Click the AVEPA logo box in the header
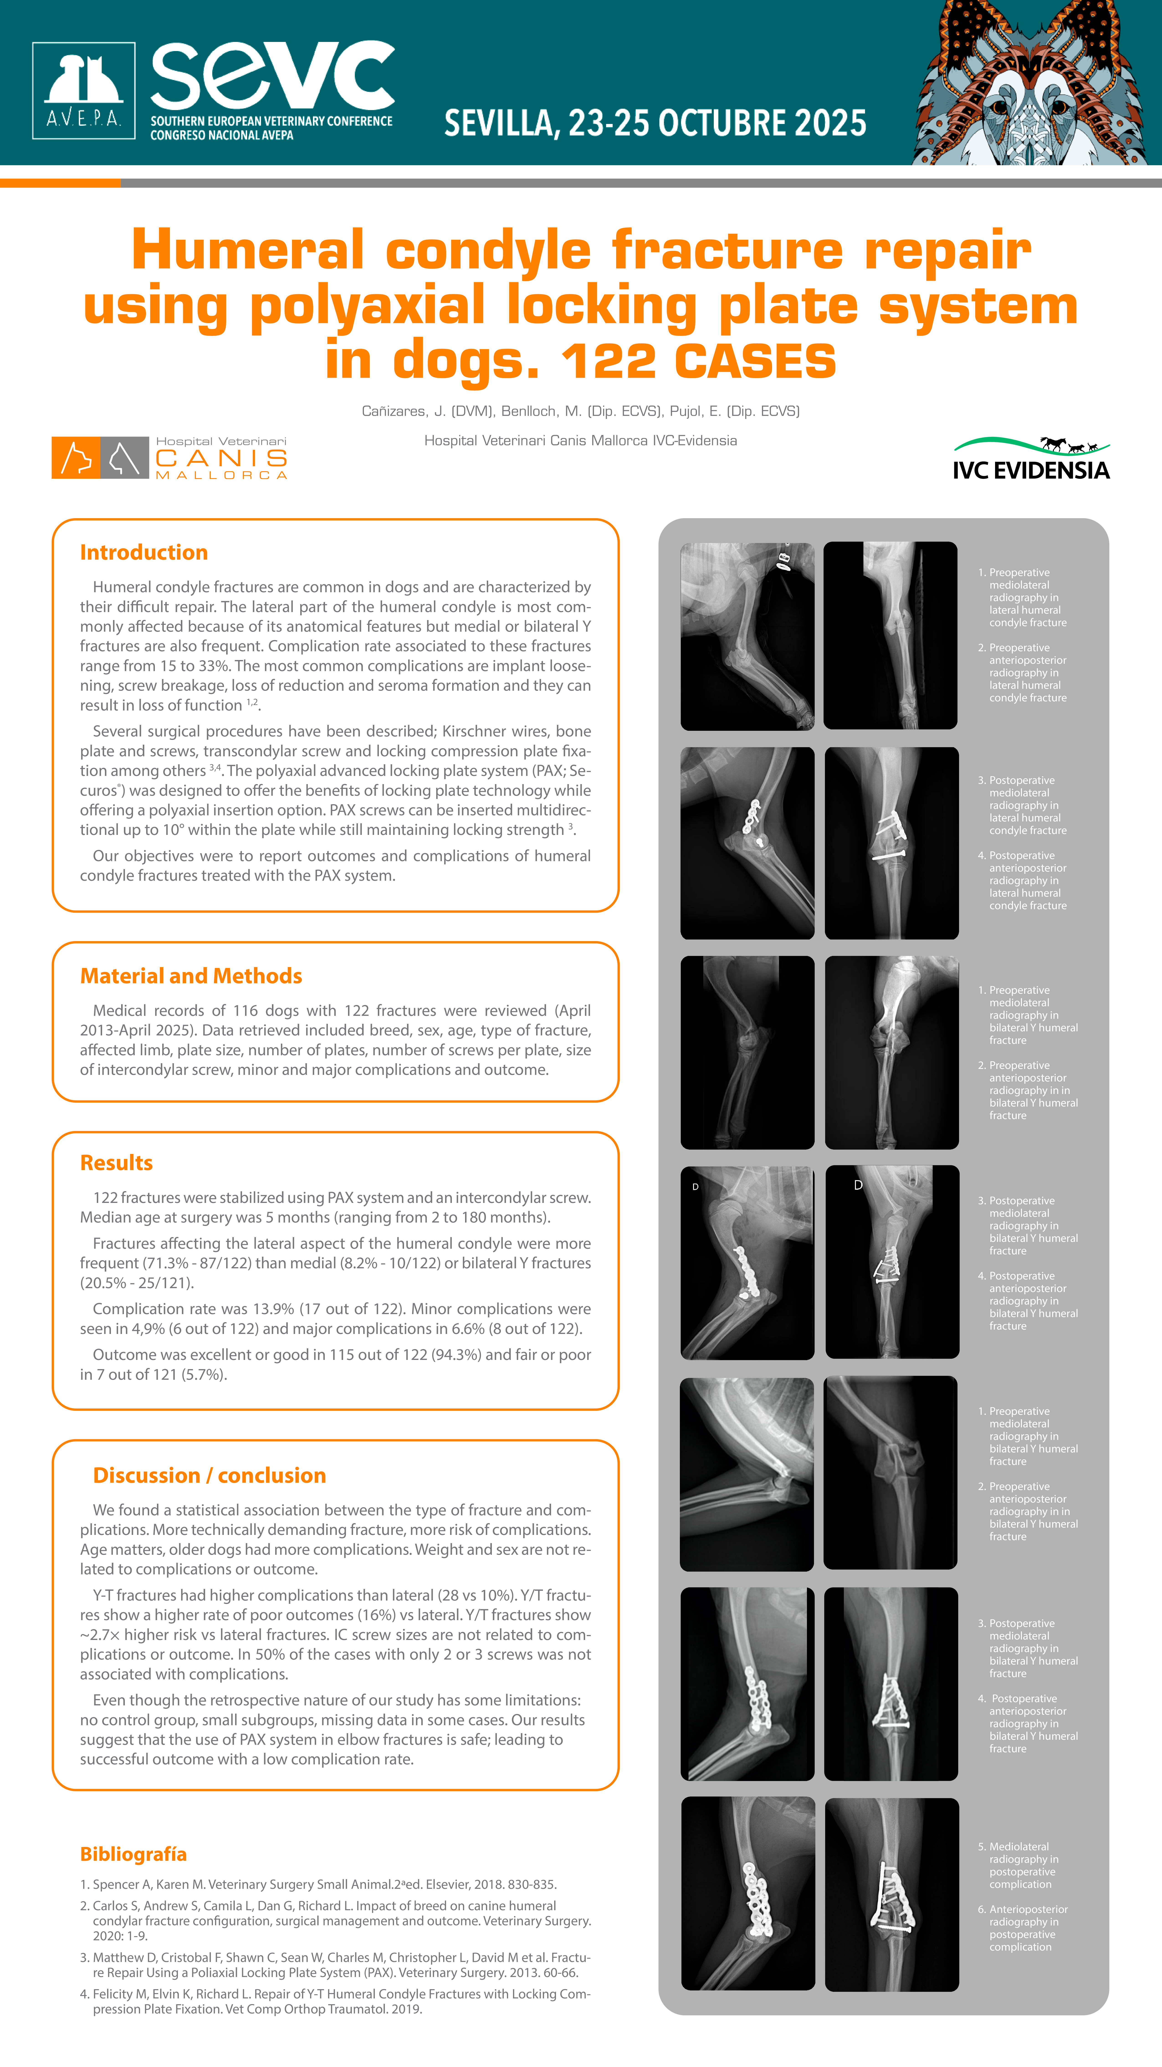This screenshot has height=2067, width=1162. pos(83,91)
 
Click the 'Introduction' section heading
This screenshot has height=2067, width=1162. pos(143,553)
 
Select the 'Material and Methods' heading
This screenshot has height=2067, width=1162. pos(191,976)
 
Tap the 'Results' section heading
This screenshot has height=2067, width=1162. pos(116,1163)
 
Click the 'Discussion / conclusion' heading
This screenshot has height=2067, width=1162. pos(209,1476)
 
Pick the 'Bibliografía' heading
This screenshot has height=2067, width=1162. pos(133,1853)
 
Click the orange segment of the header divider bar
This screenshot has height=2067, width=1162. pos(60,183)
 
